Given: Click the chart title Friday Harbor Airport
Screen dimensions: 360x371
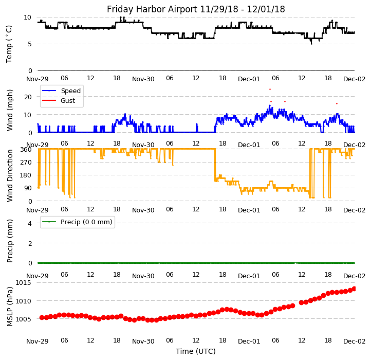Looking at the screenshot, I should point(196,9).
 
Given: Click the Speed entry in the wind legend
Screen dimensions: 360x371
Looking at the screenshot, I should point(70,91).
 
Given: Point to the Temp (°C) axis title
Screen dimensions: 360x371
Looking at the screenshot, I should point(9,44).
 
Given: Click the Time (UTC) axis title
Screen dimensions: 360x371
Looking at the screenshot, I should point(196,351).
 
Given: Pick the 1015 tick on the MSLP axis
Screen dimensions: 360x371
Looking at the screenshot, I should point(23,283).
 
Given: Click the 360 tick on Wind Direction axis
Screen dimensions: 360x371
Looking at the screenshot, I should point(26,149).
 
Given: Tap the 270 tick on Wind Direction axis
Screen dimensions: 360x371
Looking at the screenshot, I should point(26,163).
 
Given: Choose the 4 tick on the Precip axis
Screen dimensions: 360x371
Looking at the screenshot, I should point(30,223).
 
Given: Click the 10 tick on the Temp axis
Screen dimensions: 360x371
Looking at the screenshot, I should point(28,17).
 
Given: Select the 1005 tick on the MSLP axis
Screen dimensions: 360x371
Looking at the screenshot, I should point(23,319).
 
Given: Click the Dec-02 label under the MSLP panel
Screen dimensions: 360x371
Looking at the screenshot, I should point(355,341).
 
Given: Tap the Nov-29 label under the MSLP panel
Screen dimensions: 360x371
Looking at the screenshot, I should point(38,341).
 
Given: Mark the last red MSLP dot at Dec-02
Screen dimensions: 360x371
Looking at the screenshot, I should point(354,289).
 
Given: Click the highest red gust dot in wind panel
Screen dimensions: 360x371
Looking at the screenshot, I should point(270,89).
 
